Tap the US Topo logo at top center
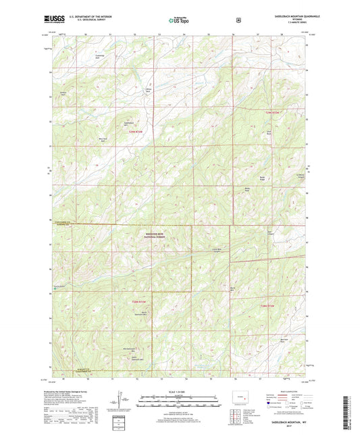pyautogui.click(x=178, y=20)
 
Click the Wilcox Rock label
pyautogui.click(x=149, y=88)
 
